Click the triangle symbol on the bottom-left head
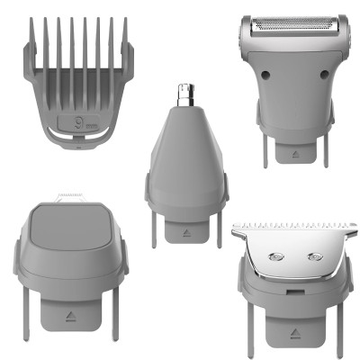click(70, 318)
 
